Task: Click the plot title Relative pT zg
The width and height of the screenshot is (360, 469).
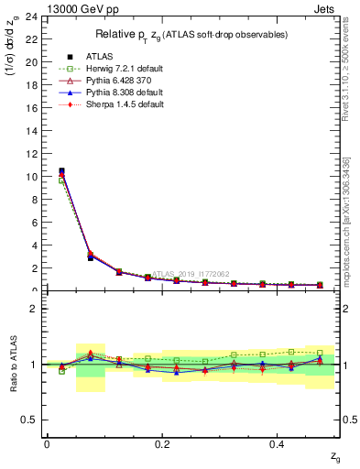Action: pos(192,35)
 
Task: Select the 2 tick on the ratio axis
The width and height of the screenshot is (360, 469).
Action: pos(33,310)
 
